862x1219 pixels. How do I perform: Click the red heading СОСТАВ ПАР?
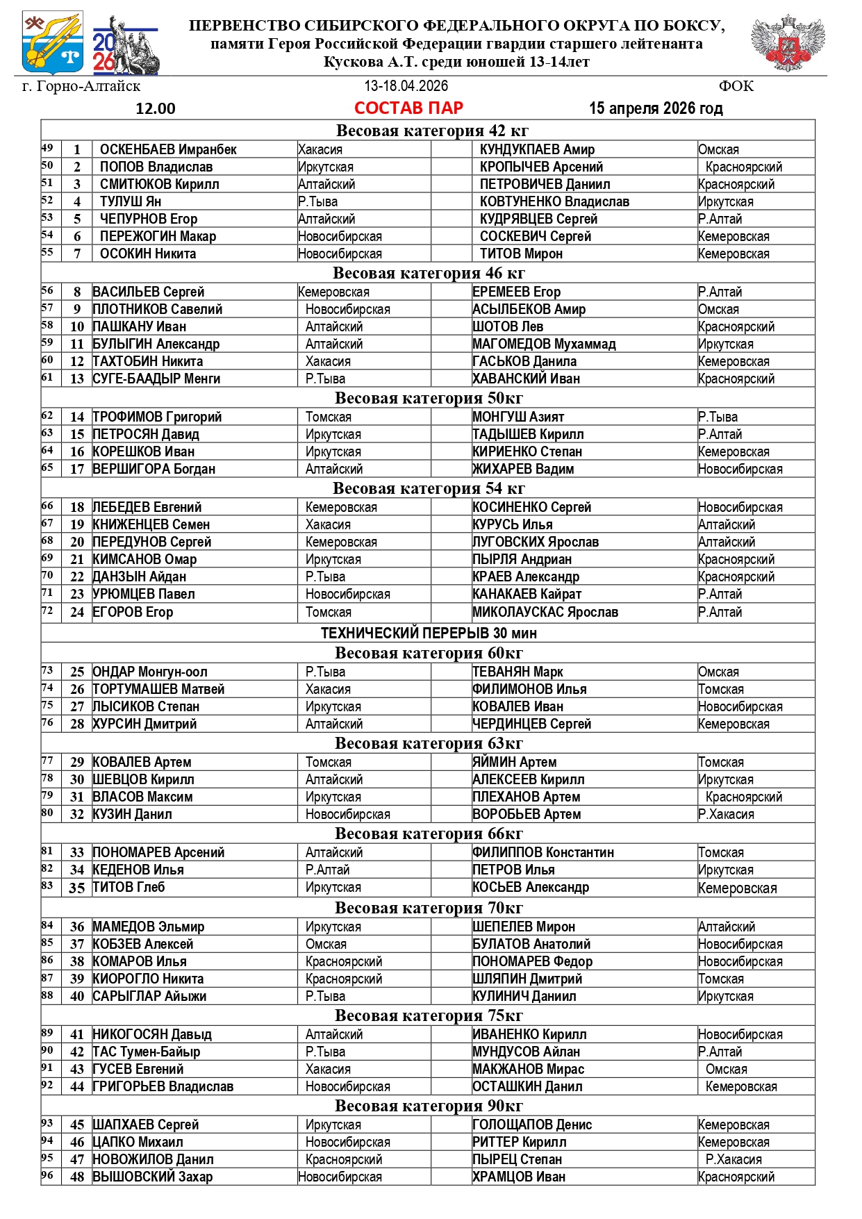(408, 108)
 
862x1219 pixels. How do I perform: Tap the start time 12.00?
(156, 108)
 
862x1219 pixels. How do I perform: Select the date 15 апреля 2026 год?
(656, 108)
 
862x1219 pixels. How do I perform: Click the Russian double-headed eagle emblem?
(788, 42)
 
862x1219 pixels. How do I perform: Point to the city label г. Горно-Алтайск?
(81, 86)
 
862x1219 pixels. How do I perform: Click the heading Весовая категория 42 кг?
(432, 131)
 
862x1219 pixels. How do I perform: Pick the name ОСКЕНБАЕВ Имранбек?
(168, 149)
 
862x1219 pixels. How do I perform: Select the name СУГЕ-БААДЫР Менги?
(156, 379)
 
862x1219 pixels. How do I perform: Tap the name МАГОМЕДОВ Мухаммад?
(544, 344)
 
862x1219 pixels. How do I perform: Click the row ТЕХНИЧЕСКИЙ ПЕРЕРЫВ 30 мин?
(429, 633)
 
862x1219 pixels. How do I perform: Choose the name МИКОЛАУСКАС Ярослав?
(545, 612)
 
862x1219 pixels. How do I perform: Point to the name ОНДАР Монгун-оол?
(150, 672)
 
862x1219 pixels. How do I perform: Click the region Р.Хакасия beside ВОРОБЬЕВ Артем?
(726, 814)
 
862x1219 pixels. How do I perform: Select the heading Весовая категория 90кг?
(429, 1105)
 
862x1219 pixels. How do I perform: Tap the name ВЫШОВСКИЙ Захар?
(153, 1177)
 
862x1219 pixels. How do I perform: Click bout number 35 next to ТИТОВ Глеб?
(77, 888)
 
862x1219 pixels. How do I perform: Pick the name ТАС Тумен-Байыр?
(147, 1052)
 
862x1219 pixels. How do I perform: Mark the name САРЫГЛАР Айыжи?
(149, 996)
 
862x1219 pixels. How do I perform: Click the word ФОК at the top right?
(736, 86)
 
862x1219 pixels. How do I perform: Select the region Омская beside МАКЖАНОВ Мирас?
(726, 1069)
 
